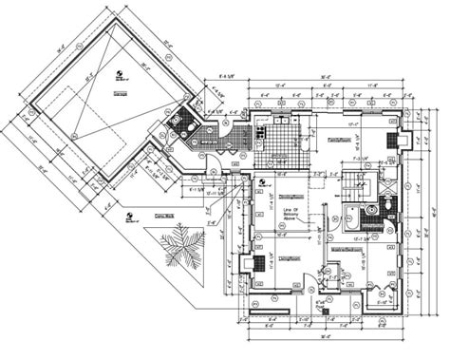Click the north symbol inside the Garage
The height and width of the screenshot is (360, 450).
[119, 75]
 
